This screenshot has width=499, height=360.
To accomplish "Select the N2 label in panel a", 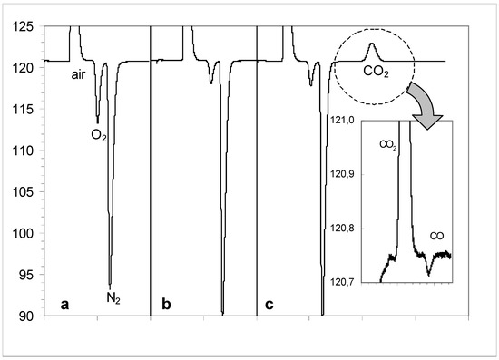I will tap(109, 297).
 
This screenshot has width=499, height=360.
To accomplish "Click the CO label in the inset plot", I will tap(435, 235).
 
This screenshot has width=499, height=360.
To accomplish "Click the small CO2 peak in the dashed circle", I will tap(370, 47).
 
